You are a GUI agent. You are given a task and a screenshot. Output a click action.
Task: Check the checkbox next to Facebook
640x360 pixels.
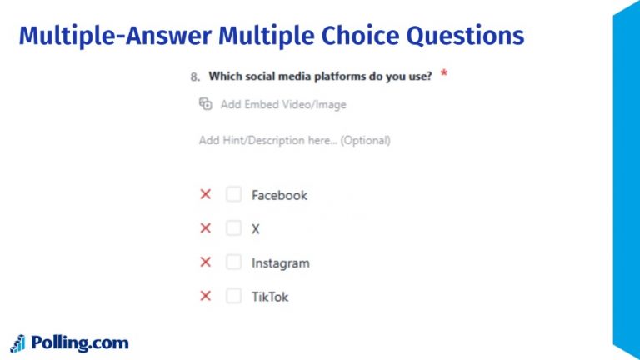pos(234,195)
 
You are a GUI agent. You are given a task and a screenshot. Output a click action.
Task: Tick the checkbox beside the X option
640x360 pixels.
pos(234,228)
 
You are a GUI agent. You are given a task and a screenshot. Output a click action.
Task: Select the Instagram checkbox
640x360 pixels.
pos(234,262)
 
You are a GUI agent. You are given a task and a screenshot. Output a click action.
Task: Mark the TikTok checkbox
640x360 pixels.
pos(234,296)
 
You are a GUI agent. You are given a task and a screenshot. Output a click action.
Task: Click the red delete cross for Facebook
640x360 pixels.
pos(205,195)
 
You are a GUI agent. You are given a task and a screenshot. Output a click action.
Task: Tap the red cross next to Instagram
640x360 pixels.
pos(205,262)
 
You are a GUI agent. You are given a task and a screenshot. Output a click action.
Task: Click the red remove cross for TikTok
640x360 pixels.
pos(205,296)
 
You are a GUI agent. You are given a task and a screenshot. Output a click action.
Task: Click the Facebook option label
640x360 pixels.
pos(279,195)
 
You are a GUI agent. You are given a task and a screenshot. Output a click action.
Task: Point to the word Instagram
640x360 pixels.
pos(280,263)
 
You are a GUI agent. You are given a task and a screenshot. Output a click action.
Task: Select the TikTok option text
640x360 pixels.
pos(270,297)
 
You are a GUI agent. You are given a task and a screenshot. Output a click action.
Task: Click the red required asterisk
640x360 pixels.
pos(444,75)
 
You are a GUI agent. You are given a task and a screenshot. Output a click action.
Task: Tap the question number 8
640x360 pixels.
pos(194,77)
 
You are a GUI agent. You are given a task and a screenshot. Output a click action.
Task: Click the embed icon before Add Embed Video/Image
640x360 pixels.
pos(206,104)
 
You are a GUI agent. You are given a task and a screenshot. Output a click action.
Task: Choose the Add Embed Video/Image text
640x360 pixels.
pos(283,105)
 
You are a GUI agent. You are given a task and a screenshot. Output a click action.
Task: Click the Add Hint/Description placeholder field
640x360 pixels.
pos(294,140)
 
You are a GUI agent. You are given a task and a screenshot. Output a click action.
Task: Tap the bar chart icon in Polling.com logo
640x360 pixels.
pos(17,343)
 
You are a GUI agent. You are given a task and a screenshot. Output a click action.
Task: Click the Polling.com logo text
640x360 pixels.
pos(79,342)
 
